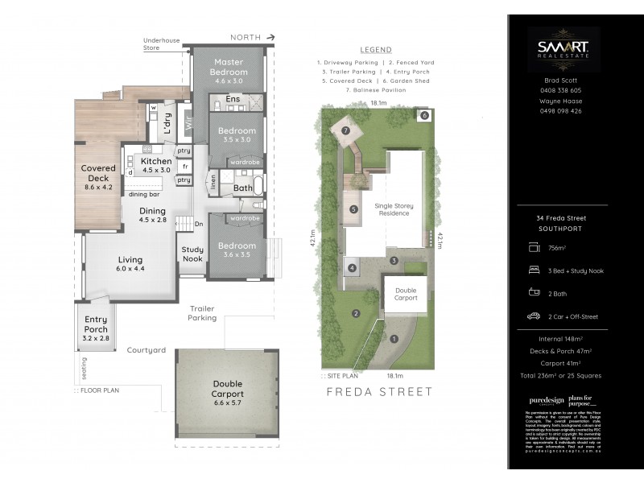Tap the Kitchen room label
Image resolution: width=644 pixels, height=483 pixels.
(x=156, y=162)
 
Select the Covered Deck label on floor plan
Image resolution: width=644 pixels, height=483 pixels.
(x=98, y=173)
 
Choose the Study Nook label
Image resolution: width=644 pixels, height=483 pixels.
(x=192, y=254)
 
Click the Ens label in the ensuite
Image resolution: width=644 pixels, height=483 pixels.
(x=233, y=99)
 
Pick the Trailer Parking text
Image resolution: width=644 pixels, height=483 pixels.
(x=203, y=313)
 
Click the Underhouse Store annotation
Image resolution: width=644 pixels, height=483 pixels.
(x=162, y=43)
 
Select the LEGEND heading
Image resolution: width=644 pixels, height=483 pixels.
(x=375, y=50)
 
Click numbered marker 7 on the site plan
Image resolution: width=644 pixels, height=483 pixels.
(x=345, y=130)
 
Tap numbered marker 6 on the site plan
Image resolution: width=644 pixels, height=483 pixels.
(x=424, y=116)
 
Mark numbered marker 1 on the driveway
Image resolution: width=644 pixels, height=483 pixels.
(x=394, y=338)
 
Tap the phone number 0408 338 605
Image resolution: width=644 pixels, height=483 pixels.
(x=561, y=90)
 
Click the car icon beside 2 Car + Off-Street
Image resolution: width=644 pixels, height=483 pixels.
(x=533, y=316)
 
